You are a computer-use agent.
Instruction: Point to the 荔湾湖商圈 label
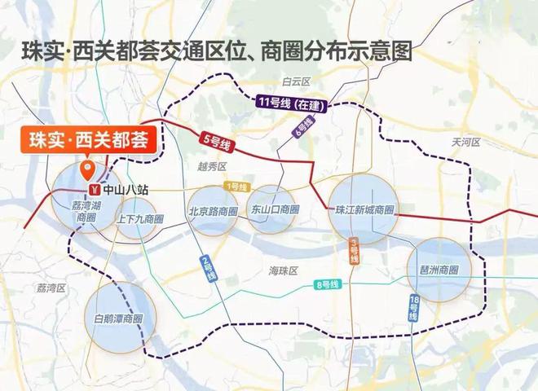click(86, 211)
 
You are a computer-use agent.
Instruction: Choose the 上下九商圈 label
click(140, 219)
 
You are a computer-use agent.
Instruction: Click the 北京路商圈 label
click(213, 210)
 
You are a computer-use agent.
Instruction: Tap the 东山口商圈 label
click(275, 209)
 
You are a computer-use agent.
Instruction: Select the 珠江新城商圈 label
click(364, 209)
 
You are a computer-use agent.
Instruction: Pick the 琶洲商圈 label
click(439, 270)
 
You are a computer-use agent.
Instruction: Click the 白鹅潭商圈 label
click(118, 318)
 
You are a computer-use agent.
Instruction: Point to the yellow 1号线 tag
click(237, 187)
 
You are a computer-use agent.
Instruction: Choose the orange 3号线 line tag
click(354, 251)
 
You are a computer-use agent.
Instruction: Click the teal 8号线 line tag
click(326, 284)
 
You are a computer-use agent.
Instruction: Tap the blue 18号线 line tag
click(414, 308)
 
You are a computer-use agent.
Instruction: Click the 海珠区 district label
click(284, 270)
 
